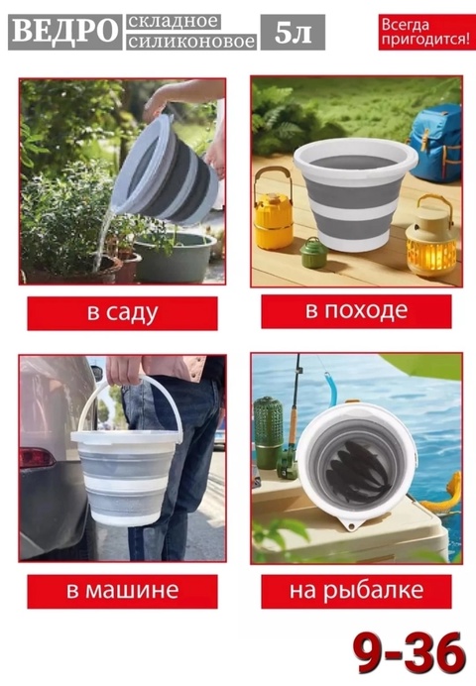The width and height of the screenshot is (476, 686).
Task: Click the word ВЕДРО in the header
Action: coord(63,33)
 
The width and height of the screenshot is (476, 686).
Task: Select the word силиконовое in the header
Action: coord(190,42)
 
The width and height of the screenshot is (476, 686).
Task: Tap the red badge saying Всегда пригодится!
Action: coord(423,32)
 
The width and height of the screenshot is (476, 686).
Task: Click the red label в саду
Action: coord(122,313)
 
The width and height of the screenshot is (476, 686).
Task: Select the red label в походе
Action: coord(356,311)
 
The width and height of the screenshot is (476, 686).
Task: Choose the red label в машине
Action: coord(122,592)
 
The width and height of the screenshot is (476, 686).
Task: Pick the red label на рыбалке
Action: coord(356,592)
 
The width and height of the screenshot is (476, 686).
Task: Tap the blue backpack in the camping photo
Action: coord(436,139)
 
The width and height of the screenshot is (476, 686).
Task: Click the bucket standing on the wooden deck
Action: coord(355,193)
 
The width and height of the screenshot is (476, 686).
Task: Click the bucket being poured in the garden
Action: coord(171,169)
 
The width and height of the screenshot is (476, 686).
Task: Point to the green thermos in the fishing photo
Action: coord(269,431)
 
